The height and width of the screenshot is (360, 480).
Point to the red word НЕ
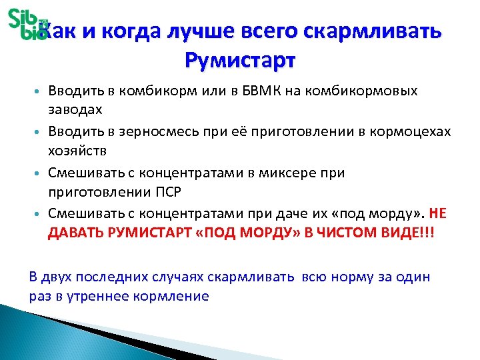click(x=437, y=215)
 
